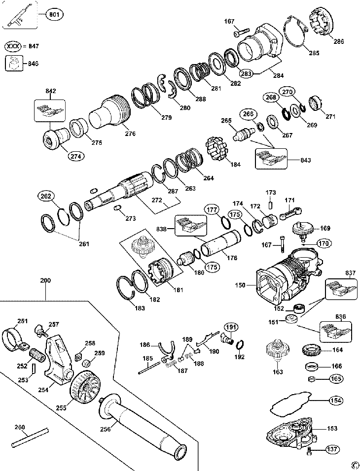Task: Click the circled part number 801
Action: point(54,14)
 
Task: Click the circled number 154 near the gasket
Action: point(335,401)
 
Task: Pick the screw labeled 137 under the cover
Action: point(310,450)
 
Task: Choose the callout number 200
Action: point(45,280)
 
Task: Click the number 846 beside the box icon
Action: point(33,64)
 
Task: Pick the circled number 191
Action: point(231,327)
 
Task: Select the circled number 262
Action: point(45,196)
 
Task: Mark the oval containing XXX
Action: point(14,46)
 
